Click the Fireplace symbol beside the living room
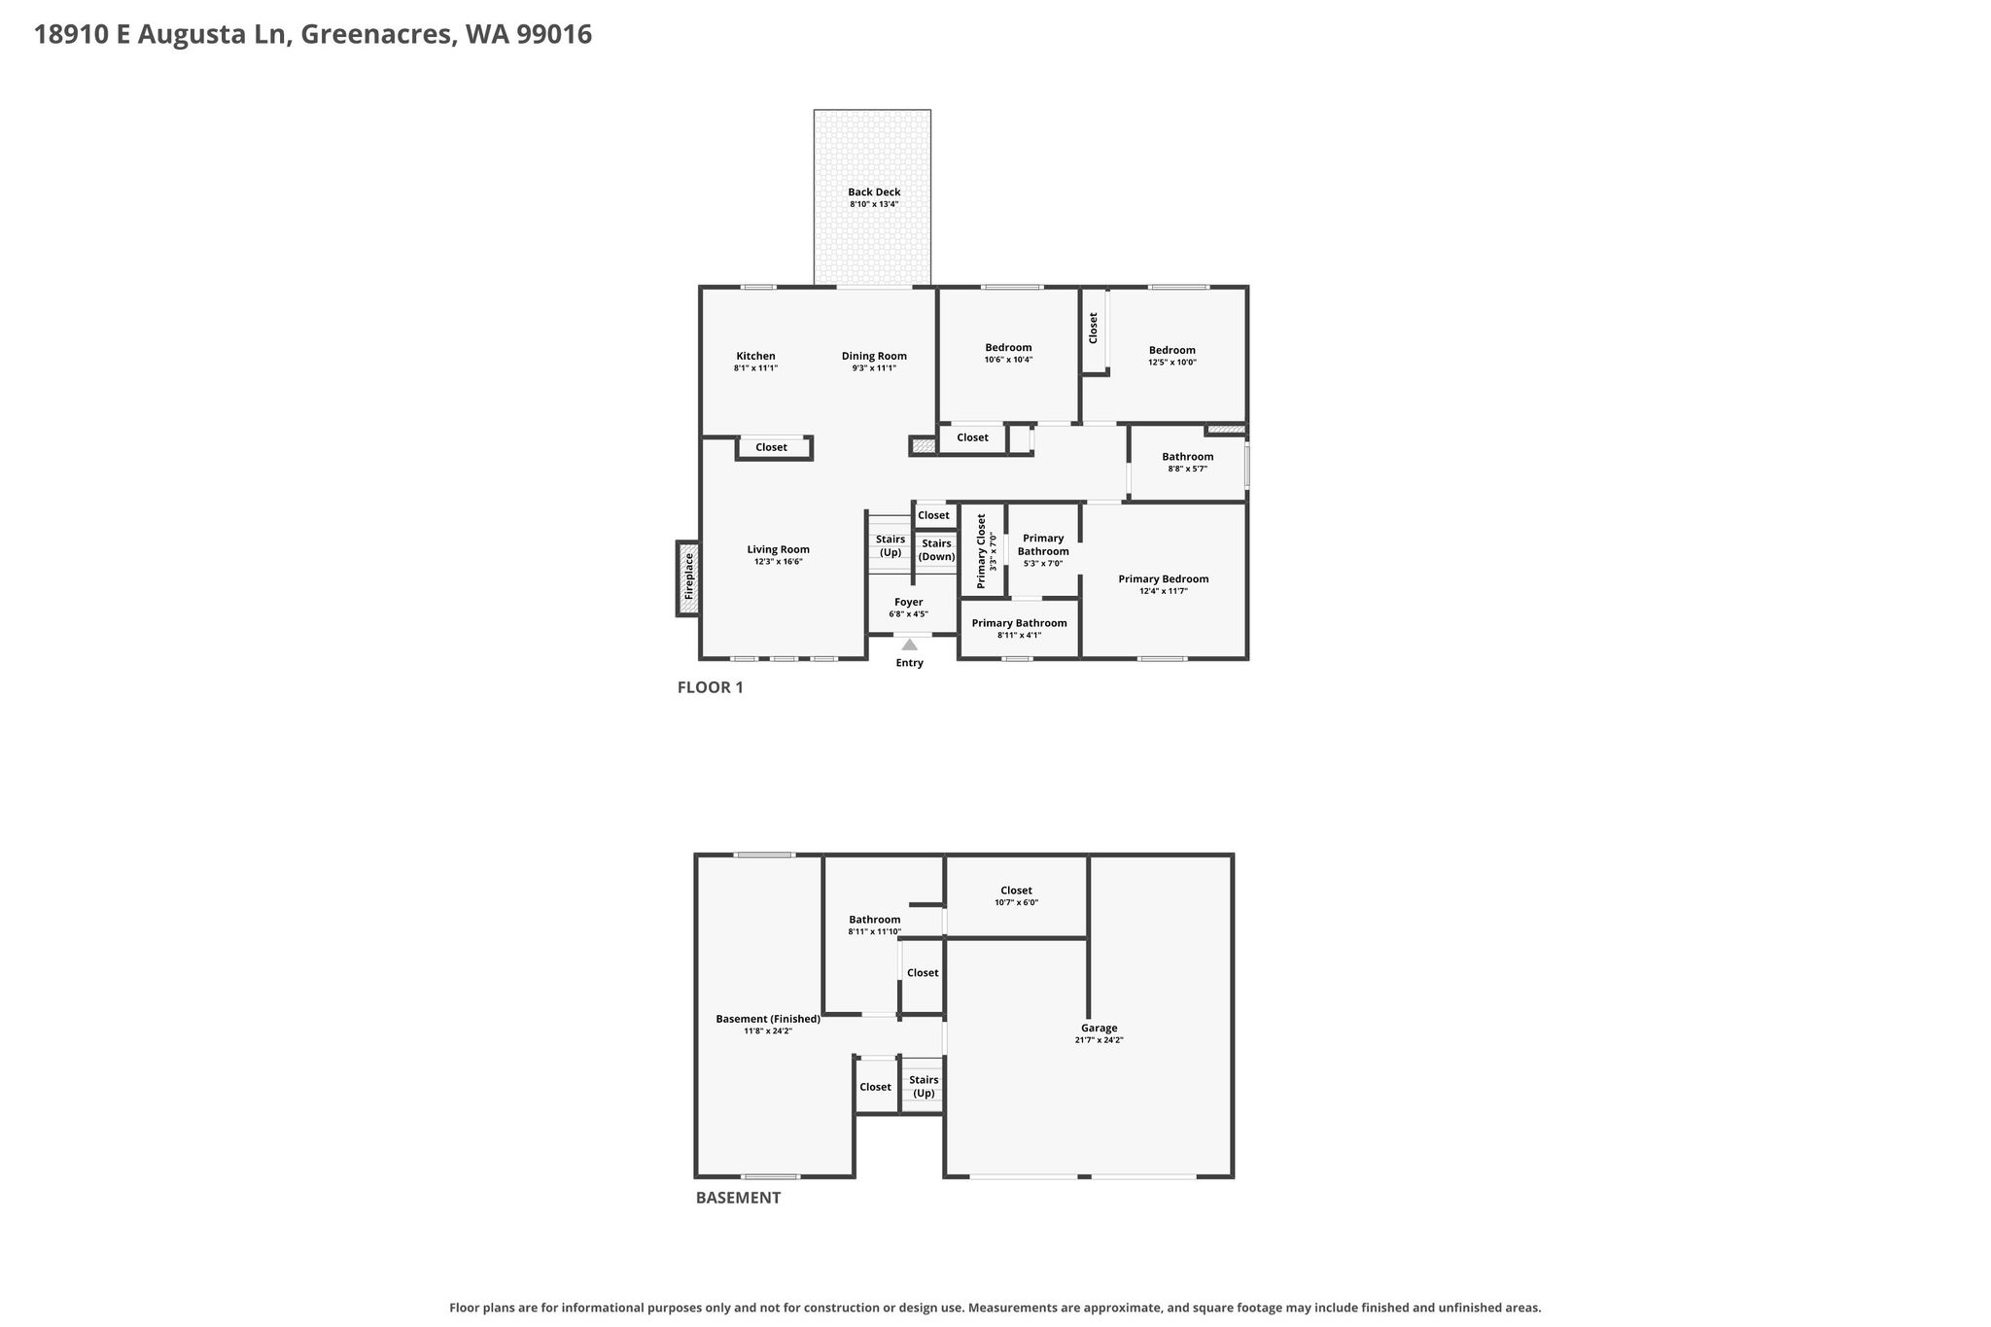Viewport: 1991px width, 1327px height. [x=688, y=578]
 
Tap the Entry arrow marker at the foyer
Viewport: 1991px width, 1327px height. [x=909, y=644]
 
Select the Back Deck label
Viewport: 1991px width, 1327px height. [x=874, y=192]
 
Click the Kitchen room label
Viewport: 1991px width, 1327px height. [x=755, y=356]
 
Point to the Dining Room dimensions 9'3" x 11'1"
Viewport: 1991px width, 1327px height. [x=874, y=368]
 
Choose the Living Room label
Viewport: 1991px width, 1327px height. [x=778, y=549]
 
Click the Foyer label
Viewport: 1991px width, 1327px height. [x=909, y=602]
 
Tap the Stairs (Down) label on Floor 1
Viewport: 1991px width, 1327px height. [x=937, y=550]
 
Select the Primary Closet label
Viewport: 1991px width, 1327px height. [x=981, y=551]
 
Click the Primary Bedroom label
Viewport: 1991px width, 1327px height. [x=1164, y=579]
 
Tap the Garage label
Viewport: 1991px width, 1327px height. [x=1100, y=1028]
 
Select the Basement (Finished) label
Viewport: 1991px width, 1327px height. [x=768, y=1019]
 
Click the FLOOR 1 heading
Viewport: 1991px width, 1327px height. [x=711, y=687]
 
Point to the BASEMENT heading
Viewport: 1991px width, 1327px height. [x=738, y=1198]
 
